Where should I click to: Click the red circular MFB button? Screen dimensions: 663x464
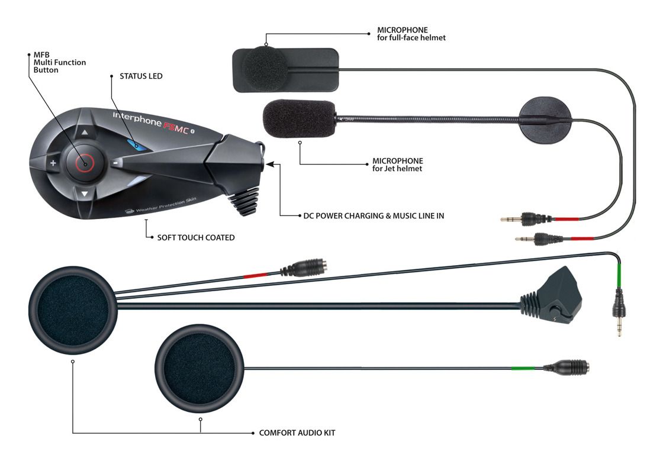85,163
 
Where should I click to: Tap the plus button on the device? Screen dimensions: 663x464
53,163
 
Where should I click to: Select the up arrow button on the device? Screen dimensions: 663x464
85,133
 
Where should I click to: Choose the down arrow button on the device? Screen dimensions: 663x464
85,194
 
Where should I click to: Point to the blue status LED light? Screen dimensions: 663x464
136,146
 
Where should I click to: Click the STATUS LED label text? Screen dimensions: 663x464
141,76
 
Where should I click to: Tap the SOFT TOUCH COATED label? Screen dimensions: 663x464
196,237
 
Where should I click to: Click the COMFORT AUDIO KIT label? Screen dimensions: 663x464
297,433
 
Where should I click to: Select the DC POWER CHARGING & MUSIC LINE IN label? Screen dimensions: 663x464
374,215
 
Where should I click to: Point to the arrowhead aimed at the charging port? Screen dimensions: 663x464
270,165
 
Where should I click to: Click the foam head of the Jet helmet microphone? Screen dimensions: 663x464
300,119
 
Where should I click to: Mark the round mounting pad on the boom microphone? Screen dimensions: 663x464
545,120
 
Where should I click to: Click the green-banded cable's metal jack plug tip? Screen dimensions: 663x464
619,325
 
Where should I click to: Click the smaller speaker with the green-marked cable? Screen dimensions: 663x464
199,369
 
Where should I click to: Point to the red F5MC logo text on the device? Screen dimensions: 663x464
175,127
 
